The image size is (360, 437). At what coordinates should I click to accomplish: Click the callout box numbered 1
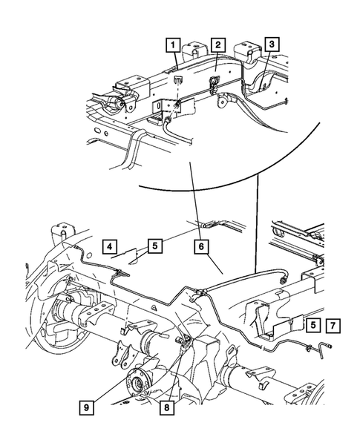point(172,46)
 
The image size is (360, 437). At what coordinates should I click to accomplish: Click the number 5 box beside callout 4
point(154,246)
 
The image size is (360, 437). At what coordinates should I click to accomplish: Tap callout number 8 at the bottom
point(172,407)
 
